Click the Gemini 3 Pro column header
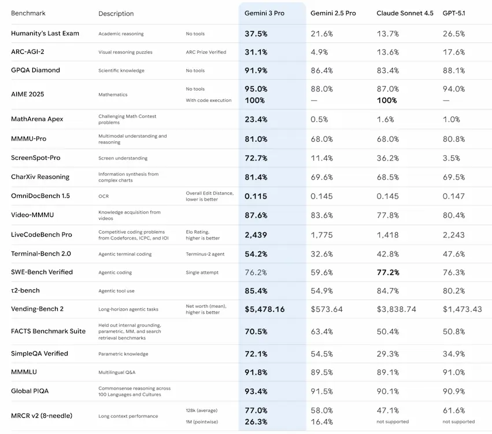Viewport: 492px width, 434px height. [268, 13]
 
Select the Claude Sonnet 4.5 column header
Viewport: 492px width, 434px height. [405, 13]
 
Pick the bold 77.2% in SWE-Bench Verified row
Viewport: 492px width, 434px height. [388, 272]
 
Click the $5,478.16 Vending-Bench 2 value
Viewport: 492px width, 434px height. [264, 309]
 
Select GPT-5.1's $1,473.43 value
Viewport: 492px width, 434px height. [462, 309]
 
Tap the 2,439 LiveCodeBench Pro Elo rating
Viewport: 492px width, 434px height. [256, 235]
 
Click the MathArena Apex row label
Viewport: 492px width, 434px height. [37, 119]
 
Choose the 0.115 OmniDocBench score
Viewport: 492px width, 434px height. [256, 196]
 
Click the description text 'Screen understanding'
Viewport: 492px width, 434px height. [123, 158]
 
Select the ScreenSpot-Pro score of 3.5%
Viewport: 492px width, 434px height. [452, 158]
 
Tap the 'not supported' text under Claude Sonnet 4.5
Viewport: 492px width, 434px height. [393, 421]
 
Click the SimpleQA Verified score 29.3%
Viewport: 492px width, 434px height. [387, 354]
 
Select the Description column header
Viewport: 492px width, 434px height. [116, 13]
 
